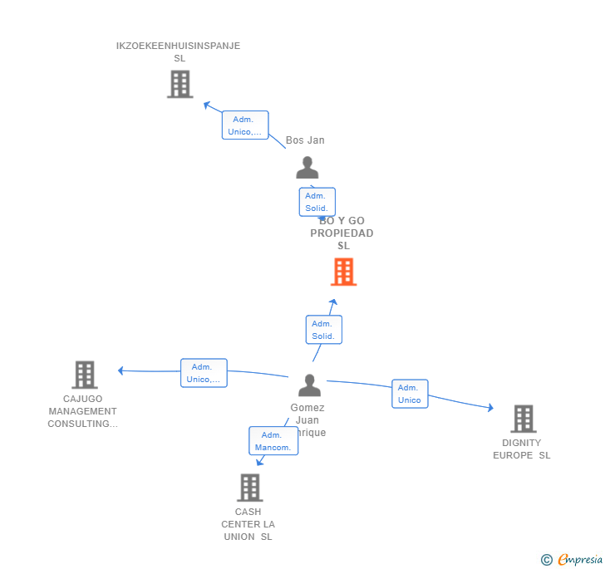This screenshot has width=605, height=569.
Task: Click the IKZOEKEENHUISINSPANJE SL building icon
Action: (x=180, y=84)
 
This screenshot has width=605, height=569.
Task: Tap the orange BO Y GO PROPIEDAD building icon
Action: (x=343, y=272)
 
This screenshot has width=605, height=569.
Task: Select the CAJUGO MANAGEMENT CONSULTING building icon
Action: (x=84, y=375)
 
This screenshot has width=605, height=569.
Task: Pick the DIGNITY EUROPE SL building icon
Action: (x=523, y=419)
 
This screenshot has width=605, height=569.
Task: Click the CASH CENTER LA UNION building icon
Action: (x=249, y=488)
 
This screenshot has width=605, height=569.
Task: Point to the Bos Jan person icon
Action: (x=307, y=168)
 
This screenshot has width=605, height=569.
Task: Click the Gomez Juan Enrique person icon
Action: (x=309, y=385)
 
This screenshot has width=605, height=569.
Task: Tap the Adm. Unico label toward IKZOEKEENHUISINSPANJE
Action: (x=245, y=125)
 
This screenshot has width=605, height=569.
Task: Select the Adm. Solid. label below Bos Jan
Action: (x=317, y=202)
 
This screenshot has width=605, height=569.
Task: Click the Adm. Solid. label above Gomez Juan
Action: (x=323, y=330)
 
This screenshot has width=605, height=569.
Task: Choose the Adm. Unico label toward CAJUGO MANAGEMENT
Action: (x=204, y=373)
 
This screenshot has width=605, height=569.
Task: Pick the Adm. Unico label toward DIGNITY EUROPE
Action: (x=410, y=394)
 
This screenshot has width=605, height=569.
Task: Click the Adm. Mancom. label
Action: (x=273, y=441)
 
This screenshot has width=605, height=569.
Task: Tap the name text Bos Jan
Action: (x=305, y=140)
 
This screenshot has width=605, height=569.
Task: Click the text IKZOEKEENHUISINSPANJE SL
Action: (x=179, y=52)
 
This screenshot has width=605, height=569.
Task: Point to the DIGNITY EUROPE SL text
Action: (x=522, y=449)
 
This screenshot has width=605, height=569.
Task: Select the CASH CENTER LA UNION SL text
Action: (x=248, y=524)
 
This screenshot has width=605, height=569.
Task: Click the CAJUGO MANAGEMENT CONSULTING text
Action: (x=82, y=411)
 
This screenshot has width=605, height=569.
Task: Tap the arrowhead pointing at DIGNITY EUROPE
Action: (x=490, y=408)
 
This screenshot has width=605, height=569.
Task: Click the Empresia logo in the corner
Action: (x=572, y=560)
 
